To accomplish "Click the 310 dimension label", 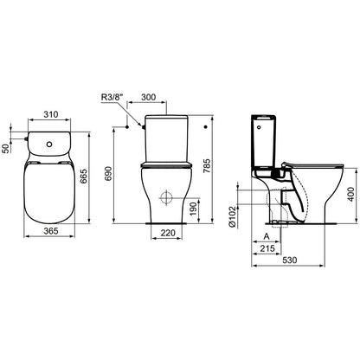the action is click(51, 114).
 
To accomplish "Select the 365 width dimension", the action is click(51, 231).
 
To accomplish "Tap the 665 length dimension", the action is click(83, 177).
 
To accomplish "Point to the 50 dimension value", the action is click(5, 149).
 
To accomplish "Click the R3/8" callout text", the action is click(112, 97).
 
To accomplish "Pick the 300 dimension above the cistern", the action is click(148, 97).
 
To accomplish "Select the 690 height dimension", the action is click(108, 173).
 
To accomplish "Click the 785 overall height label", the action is click(207, 166).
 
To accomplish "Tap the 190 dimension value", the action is click(194, 209).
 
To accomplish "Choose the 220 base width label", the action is click(168, 233).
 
